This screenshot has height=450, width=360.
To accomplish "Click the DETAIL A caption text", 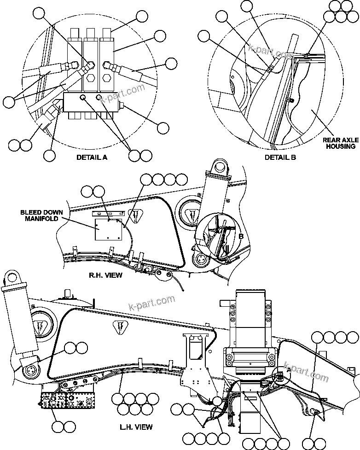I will (x=92, y=157).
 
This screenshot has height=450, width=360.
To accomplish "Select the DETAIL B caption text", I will (x=280, y=157).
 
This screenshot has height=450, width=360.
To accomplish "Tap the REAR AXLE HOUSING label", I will (x=338, y=143).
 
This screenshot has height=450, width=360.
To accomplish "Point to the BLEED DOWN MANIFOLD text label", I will (x=39, y=216).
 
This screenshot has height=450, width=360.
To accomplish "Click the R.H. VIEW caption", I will (x=105, y=275).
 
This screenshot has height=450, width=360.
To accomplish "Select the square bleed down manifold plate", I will (x=107, y=229).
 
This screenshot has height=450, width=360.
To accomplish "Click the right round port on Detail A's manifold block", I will (x=99, y=98).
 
